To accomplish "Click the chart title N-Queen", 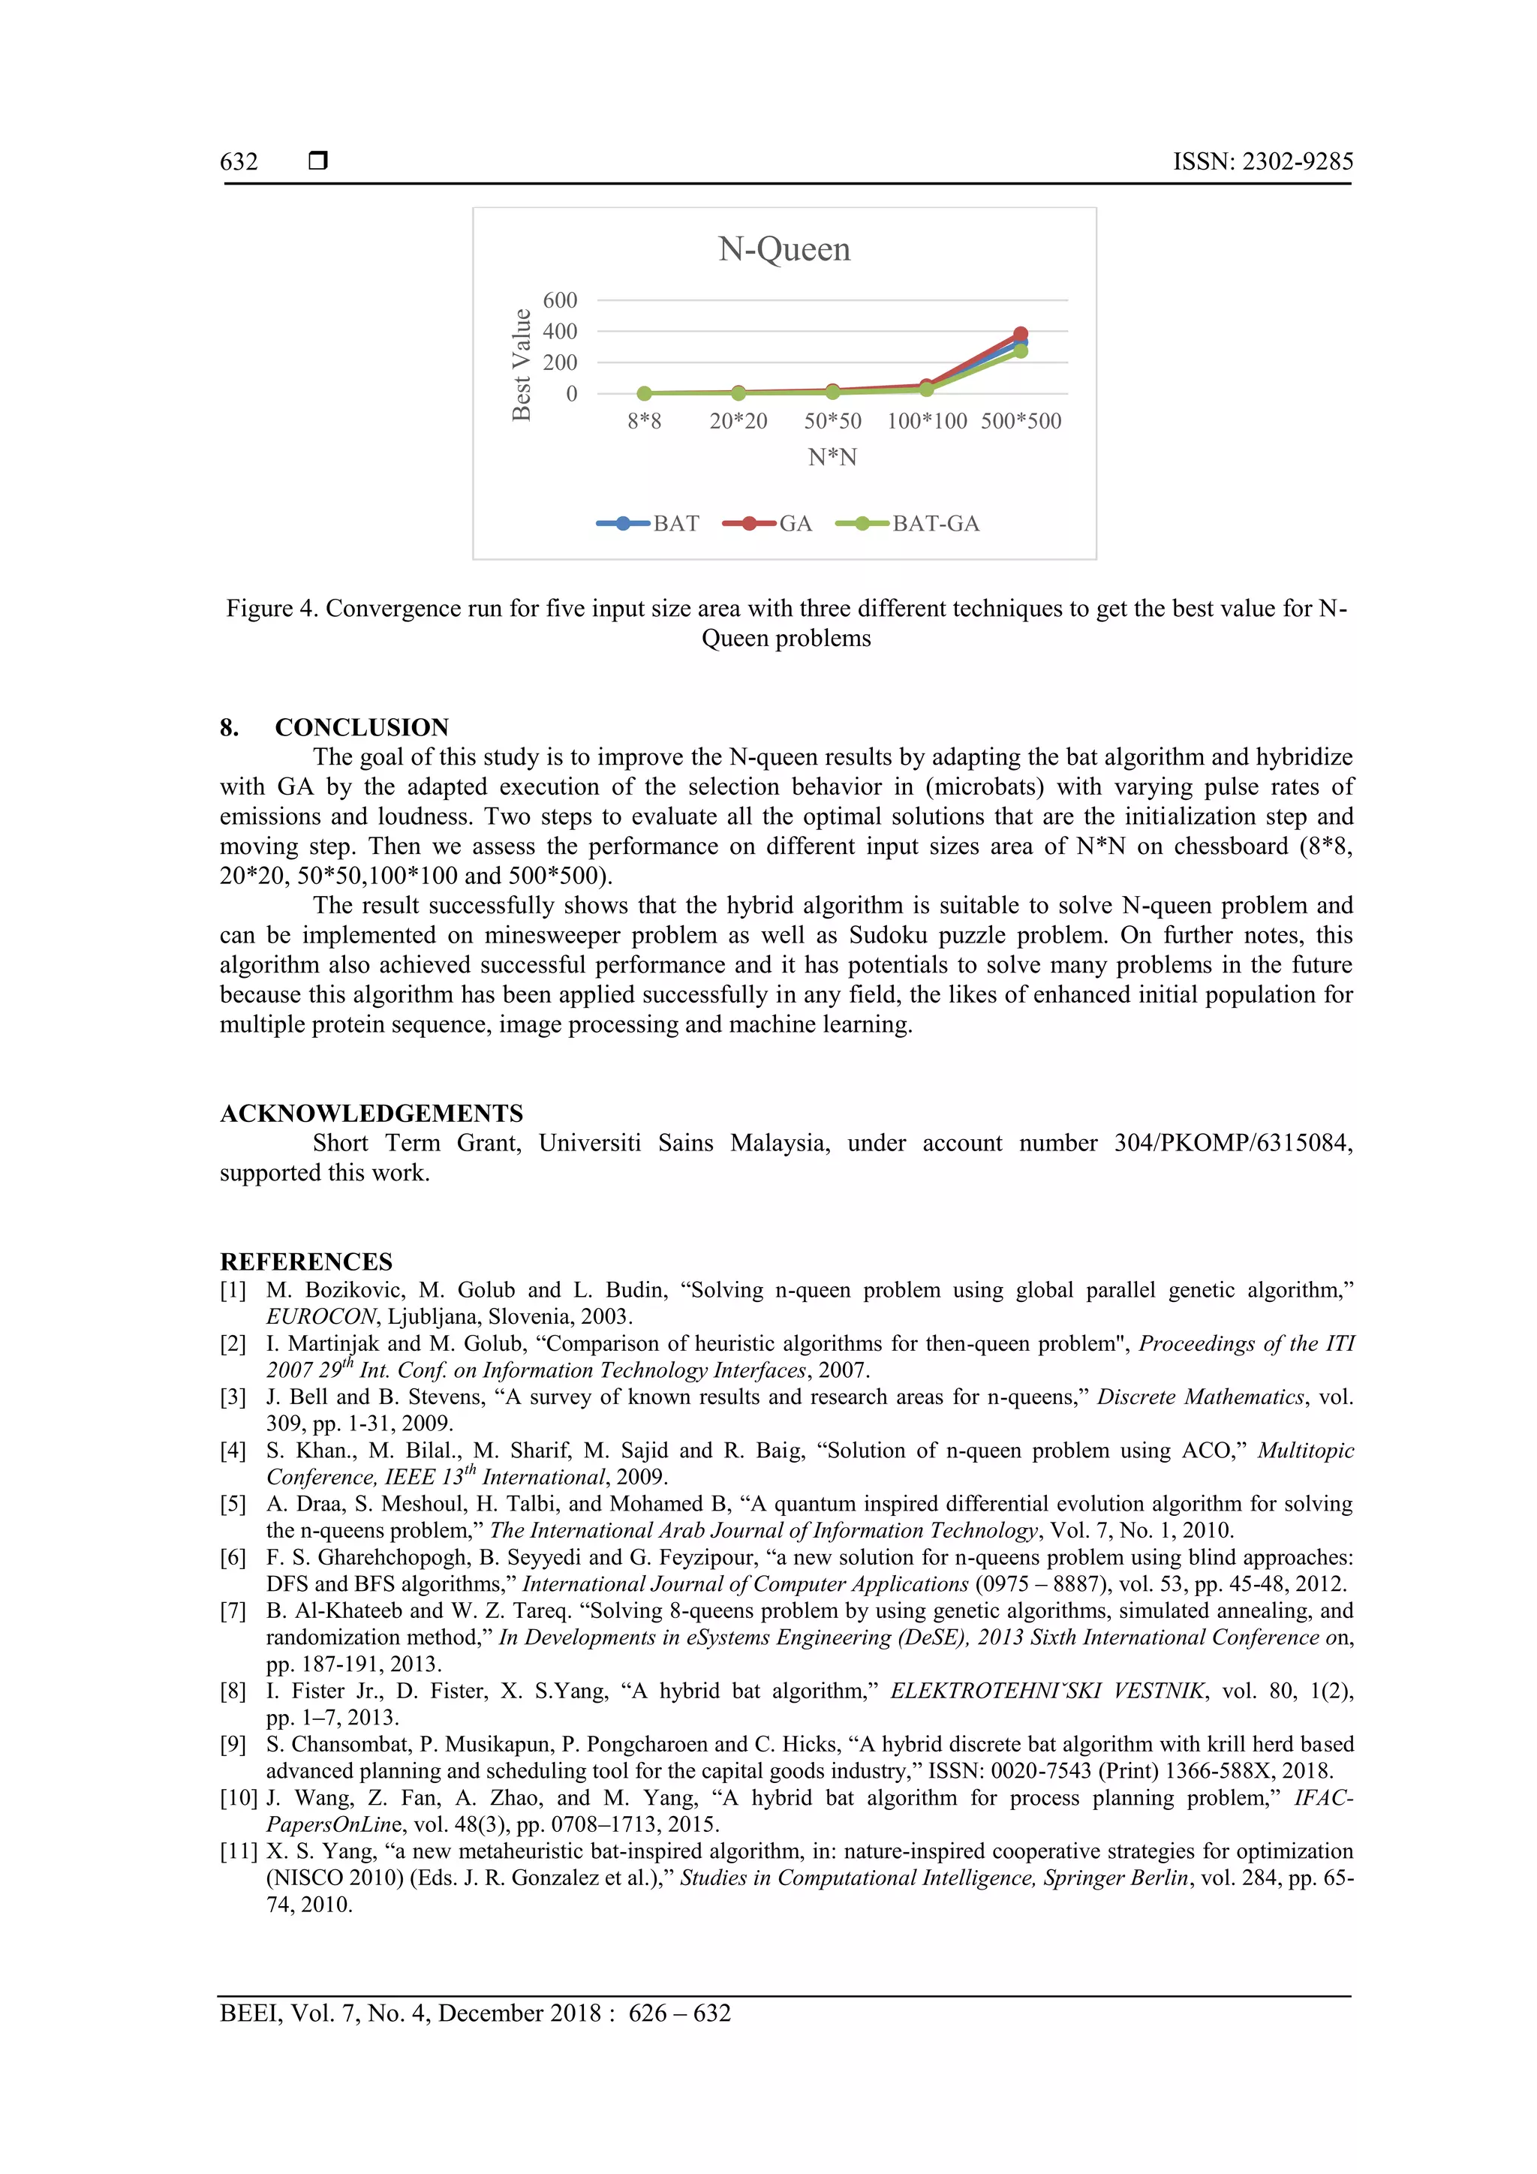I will [x=784, y=249].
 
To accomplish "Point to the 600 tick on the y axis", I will [x=560, y=300].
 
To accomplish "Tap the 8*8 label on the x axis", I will [x=644, y=421].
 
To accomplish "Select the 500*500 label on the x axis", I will [x=1021, y=421].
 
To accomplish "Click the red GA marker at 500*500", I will [x=1021, y=334].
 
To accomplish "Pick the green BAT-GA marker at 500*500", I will [x=1021, y=351].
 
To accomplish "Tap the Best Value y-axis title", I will [x=522, y=365].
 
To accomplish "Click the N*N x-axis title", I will [x=832, y=457].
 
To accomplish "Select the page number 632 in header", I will [x=239, y=162].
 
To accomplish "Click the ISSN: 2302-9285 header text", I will [x=1262, y=162].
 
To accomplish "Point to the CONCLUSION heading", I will [x=362, y=727].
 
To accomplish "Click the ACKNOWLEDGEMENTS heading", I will [x=371, y=1114].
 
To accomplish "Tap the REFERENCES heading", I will [x=306, y=1262].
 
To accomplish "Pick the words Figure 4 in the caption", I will [x=270, y=608].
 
